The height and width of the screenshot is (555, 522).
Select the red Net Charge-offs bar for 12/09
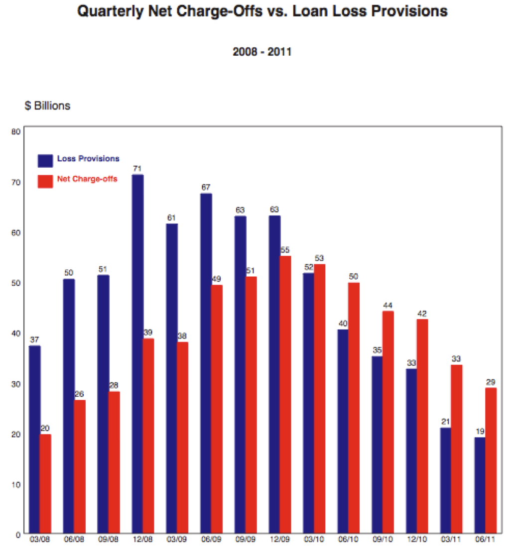[x=285, y=393]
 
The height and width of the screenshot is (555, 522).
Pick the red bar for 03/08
[x=45, y=483]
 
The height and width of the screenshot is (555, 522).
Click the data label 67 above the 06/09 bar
[x=206, y=188]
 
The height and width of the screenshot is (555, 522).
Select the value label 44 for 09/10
[x=389, y=305]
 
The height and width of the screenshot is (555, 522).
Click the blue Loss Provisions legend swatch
[x=45, y=160]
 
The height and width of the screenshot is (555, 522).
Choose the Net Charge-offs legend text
[x=87, y=179]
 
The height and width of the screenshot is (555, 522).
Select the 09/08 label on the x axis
[x=108, y=540]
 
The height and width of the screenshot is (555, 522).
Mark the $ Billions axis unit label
[x=47, y=106]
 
